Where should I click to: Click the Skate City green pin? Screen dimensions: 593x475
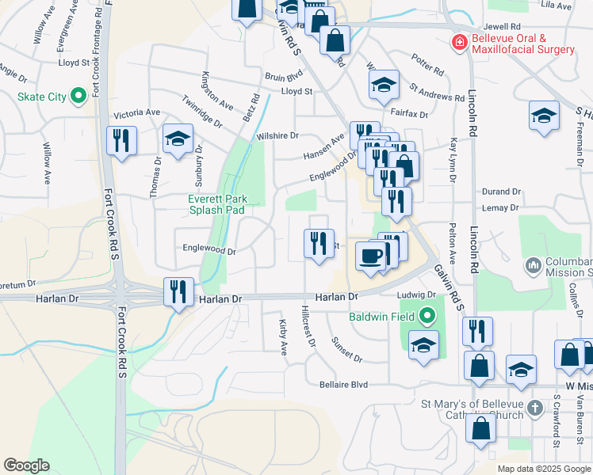pyautogui.click(x=78, y=97)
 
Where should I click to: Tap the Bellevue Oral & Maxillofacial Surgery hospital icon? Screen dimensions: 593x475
pyautogui.click(x=458, y=42)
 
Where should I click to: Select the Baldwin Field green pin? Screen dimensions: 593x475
pyautogui.click(x=428, y=317)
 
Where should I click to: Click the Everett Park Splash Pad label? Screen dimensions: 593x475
pyautogui.click(x=217, y=204)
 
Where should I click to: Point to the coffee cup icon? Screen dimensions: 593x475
pyautogui.click(x=369, y=256)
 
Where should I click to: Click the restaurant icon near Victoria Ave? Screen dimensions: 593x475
pyautogui.click(x=121, y=141)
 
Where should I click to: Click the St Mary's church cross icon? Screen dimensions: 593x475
pyautogui.click(x=535, y=408)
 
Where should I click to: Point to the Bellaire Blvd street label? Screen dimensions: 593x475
pyautogui.click(x=343, y=385)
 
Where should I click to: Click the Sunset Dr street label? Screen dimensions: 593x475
pyautogui.click(x=346, y=348)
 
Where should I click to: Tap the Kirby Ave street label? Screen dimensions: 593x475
pyautogui.click(x=282, y=337)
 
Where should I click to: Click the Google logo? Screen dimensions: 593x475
pyautogui.click(x=26, y=465)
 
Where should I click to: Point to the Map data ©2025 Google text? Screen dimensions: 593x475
pyautogui.click(x=543, y=469)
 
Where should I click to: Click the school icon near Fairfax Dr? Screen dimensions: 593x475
pyautogui.click(x=384, y=85)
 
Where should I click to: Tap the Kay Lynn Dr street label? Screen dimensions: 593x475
pyautogui.click(x=453, y=159)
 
